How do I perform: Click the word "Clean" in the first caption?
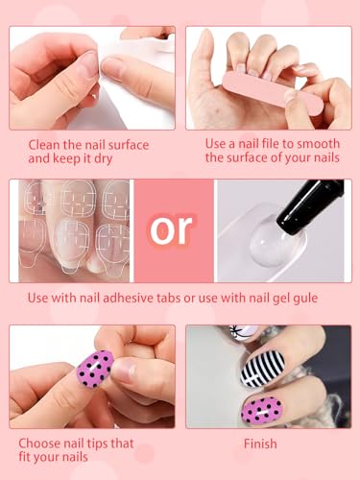pos(45,143)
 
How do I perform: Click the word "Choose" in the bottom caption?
pos(50,444)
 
